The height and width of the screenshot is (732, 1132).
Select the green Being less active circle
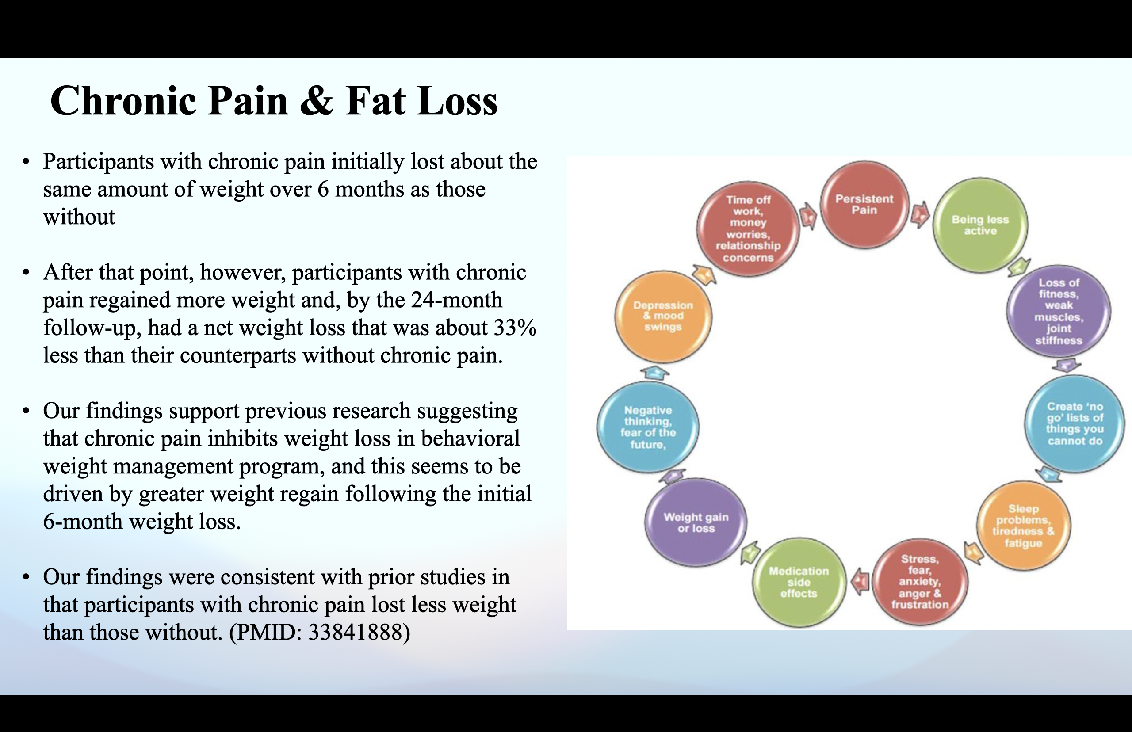[980, 225]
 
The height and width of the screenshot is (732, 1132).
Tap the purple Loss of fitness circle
[1058, 311]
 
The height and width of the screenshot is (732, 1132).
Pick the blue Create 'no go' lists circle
[1074, 423]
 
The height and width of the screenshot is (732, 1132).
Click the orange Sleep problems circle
[1023, 526]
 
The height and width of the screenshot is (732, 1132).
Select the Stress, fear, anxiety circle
[919, 582]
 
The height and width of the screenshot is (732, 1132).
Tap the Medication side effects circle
[799, 582]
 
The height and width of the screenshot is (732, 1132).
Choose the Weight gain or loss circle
[696, 522]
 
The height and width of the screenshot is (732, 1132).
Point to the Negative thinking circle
[647, 427]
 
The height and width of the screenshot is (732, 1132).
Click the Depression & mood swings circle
[663, 316]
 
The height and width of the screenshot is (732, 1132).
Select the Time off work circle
[748, 229]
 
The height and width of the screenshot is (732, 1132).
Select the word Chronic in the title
[122, 101]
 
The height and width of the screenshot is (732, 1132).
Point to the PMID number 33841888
[359, 633]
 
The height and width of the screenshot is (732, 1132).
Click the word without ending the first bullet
[79, 217]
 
